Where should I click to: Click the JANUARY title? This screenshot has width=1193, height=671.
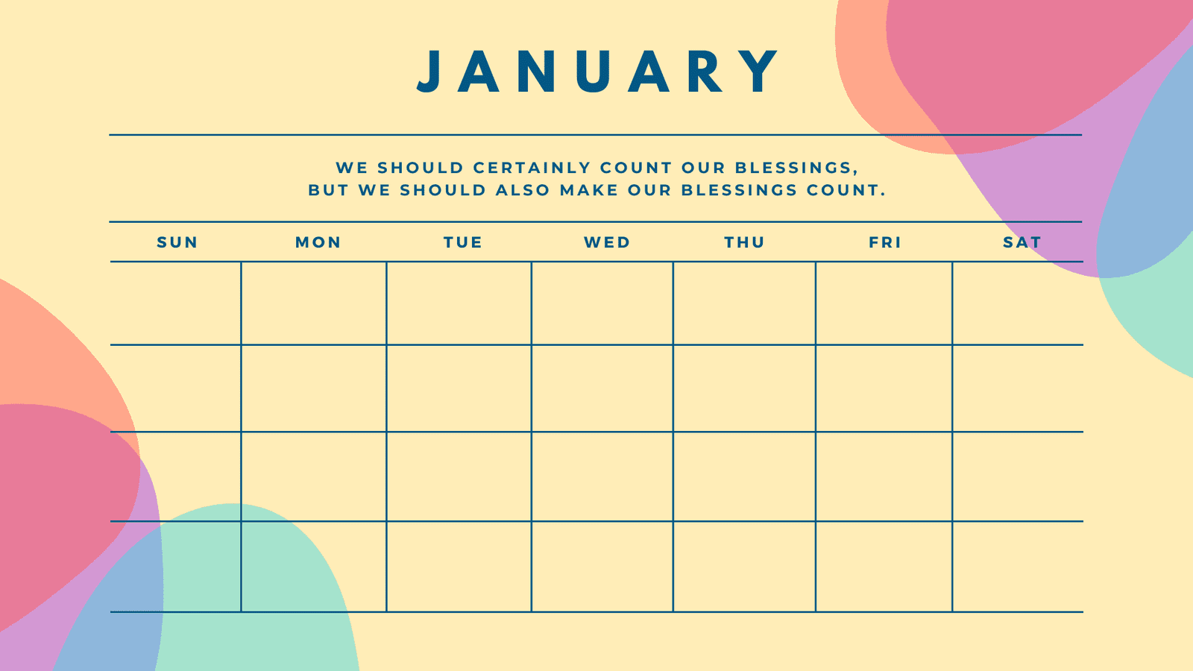click(597, 72)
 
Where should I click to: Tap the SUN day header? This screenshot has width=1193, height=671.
click(177, 242)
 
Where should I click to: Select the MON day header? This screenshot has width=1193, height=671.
click(318, 242)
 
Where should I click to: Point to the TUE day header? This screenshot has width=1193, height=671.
click(463, 242)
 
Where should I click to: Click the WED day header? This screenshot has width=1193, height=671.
click(607, 242)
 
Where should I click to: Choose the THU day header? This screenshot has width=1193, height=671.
click(744, 242)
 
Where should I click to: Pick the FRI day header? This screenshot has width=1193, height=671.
click(884, 242)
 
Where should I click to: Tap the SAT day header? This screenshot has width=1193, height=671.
click(1022, 242)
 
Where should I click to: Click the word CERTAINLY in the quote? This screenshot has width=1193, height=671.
click(532, 168)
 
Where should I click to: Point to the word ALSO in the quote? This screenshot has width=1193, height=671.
click(523, 190)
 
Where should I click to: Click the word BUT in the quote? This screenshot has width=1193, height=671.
click(328, 190)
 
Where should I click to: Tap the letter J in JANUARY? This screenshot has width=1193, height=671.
click(428, 72)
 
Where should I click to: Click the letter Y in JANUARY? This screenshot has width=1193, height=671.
click(761, 72)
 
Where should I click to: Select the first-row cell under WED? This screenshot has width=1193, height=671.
click(602, 303)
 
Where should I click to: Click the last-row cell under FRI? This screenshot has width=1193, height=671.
click(884, 567)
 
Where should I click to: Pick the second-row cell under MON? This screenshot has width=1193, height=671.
click(314, 388)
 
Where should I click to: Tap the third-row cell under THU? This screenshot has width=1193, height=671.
click(744, 476)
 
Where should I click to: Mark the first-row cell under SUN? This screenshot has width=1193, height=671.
click(176, 303)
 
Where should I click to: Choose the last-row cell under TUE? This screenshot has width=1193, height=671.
click(459, 567)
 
